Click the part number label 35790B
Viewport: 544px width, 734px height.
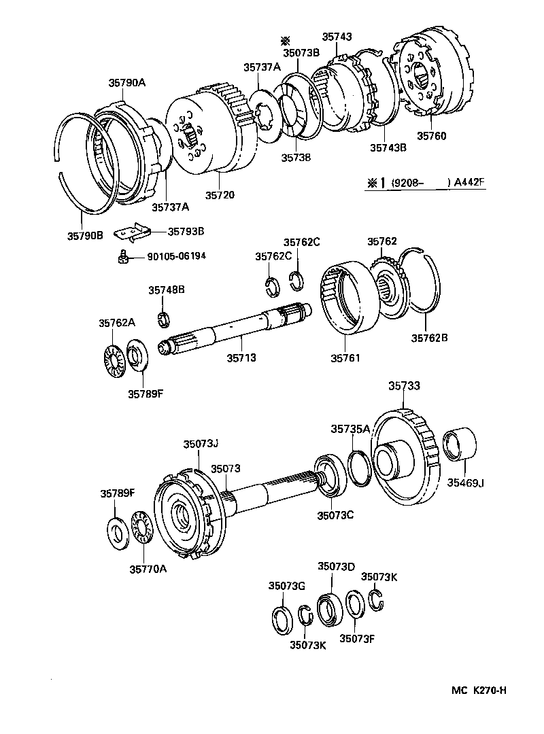pos(84,236)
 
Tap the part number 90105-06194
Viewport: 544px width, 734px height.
pos(176,256)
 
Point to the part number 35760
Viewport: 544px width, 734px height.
pos(431,136)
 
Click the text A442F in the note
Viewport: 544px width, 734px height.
pos(471,181)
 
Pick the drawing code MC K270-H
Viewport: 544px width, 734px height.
pos(479,691)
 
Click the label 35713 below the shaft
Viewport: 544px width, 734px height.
pos(241,357)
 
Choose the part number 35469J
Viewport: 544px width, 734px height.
pos(465,483)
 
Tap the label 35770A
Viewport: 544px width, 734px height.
pos(148,569)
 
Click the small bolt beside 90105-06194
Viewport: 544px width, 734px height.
pos(122,256)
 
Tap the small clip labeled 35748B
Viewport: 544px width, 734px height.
pos(163,317)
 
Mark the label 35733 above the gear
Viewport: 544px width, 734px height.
pos(404,385)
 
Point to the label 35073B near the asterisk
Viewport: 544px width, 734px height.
pos(301,53)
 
